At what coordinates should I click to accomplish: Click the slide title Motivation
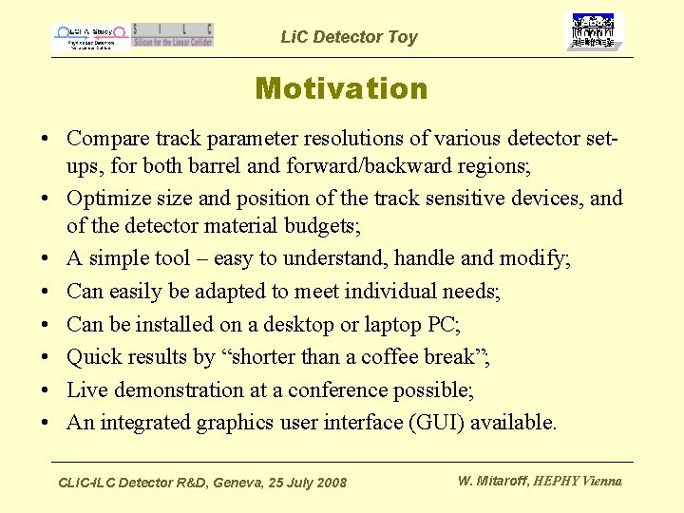click(x=341, y=89)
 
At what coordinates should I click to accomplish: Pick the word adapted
click(x=262, y=292)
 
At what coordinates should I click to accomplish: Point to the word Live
click(x=88, y=389)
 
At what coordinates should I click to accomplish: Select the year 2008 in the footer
click(x=331, y=484)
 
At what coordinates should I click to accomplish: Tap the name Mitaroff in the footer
click(x=504, y=481)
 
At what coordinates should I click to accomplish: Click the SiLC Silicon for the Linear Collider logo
click(x=173, y=35)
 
